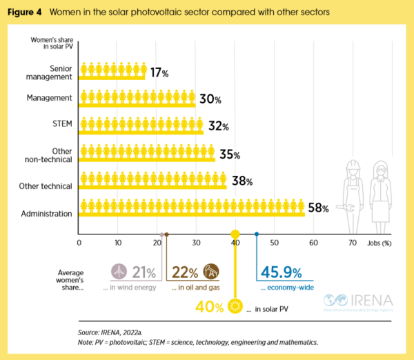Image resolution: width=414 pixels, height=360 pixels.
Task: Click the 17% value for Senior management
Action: click(x=161, y=72)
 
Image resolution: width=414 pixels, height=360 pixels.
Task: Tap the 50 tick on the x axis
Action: click(x=274, y=243)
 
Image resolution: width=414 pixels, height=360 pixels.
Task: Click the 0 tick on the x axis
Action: click(x=79, y=243)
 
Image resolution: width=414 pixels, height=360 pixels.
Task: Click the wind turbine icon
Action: click(x=120, y=270)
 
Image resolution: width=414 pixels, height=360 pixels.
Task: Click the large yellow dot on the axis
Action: click(x=235, y=234)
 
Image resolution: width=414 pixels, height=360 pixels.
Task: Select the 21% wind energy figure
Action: click(x=144, y=272)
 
